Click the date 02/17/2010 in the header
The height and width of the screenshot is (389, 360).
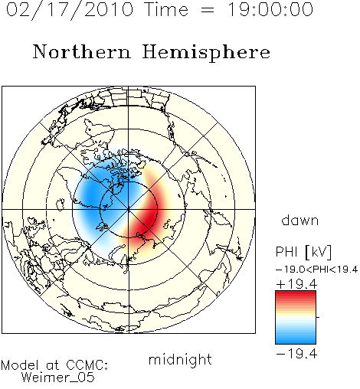(x=70, y=10)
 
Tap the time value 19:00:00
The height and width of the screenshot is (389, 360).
(x=270, y=9)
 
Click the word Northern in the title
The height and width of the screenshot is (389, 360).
(x=82, y=51)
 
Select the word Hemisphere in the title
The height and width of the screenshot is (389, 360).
(x=206, y=53)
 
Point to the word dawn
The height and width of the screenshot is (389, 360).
(x=300, y=221)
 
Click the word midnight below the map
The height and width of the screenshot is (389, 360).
(x=180, y=359)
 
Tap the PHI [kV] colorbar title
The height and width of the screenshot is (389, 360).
(x=303, y=252)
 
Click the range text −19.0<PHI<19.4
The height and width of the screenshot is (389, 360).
(x=316, y=270)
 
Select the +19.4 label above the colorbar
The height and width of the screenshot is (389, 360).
(x=296, y=284)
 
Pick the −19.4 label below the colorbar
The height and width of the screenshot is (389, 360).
(x=296, y=354)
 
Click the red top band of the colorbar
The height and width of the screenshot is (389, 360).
(x=296, y=294)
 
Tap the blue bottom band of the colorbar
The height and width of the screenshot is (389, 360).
(x=296, y=341)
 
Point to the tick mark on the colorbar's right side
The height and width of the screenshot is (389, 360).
(x=318, y=317)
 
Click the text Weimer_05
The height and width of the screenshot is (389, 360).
(x=58, y=378)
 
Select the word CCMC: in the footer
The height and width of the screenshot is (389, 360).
(x=87, y=365)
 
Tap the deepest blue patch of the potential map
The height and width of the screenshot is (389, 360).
(x=91, y=194)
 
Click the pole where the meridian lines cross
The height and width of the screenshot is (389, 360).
(x=129, y=210)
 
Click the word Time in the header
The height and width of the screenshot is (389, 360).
(x=166, y=9)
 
